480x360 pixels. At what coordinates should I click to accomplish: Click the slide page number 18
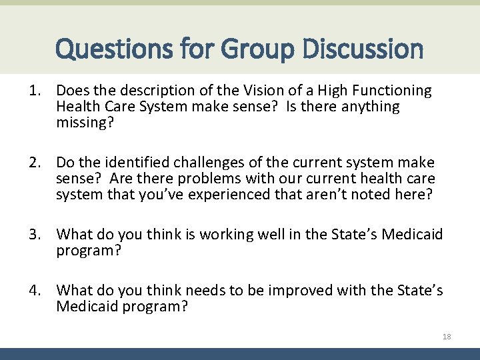447,337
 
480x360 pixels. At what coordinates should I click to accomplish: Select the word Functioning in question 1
394,90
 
